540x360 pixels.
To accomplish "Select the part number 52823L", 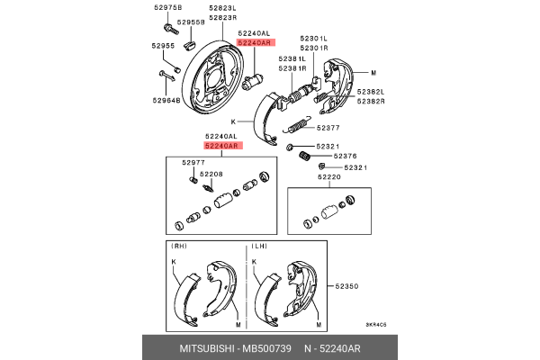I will pos(222,7).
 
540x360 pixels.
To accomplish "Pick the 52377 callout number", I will pos(328,129).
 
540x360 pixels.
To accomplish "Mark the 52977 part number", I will pos(193,163).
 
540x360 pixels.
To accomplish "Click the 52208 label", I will pos(211,174).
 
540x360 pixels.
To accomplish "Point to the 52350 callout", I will pos(347,286).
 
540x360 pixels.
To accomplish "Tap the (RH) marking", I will pos(179,245).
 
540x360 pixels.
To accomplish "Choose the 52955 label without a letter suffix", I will pos(163,45).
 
